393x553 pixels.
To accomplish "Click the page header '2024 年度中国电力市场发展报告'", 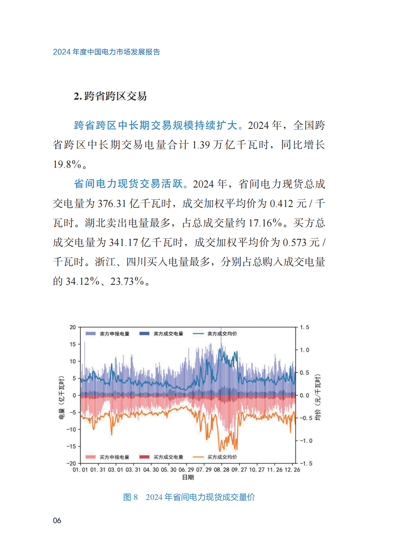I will [x=106, y=52].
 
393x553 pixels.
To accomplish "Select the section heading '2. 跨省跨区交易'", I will [x=110, y=96].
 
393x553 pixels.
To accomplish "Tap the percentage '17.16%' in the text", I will [x=265, y=223].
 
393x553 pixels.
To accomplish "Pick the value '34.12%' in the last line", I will [x=83, y=281].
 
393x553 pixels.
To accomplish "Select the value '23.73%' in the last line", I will [x=127, y=281].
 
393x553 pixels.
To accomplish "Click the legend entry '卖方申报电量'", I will [x=115, y=334].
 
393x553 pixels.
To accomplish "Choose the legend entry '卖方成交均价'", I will [x=222, y=334].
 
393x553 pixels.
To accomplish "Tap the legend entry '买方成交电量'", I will [x=168, y=457].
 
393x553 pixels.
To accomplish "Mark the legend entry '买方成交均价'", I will [x=222, y=457].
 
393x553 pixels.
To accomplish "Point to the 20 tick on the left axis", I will [x=73, y=327].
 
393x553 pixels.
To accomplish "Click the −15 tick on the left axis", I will [x=71, y=446].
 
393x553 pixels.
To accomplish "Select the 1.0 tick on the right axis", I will [x=304, y=350].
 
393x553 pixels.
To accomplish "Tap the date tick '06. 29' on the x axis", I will [x=186, y=470].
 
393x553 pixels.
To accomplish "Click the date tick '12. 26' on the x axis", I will [x=293, y=470].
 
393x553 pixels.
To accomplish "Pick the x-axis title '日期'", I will [x=188, y=478].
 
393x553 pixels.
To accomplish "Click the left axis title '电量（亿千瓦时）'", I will [x=62, y=397].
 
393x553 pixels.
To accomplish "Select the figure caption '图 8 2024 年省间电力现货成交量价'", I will [x=189, y=497].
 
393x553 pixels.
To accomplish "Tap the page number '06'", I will [x=57, y=521].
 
